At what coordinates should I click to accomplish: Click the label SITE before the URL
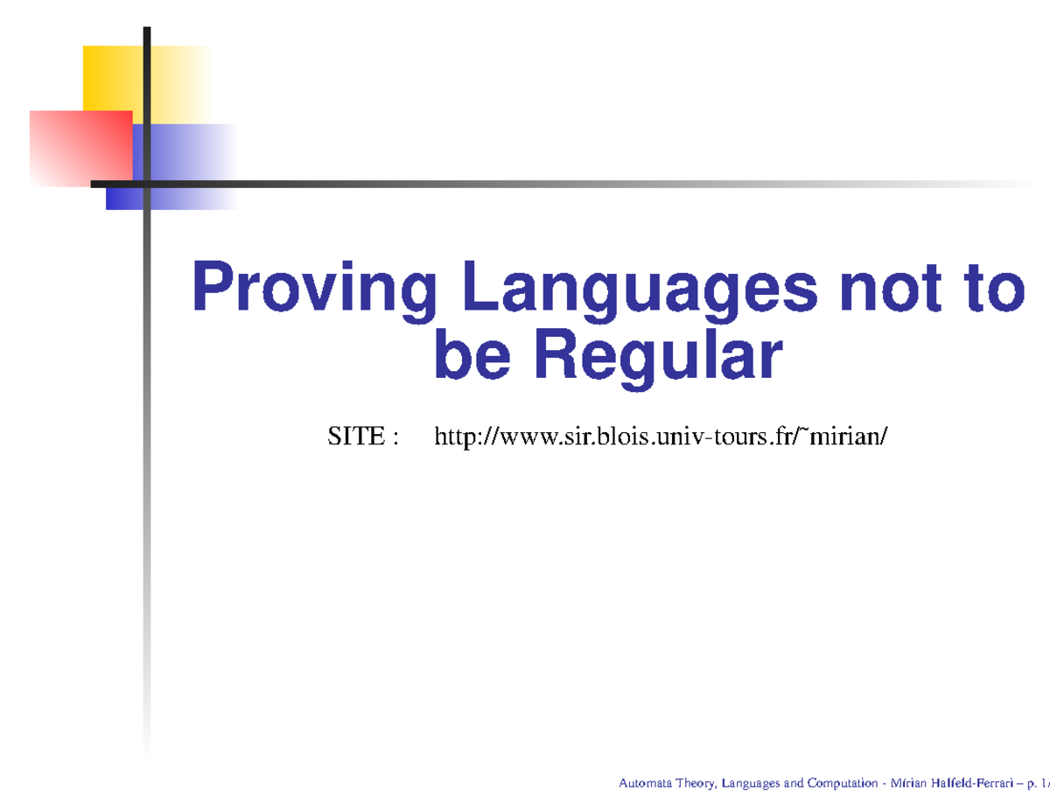point(354,436)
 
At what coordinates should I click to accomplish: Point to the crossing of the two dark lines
point(147,184)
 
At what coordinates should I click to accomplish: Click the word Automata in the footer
point(645,784)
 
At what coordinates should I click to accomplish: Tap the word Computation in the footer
point(841,784)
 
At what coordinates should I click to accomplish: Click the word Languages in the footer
point(751,784)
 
